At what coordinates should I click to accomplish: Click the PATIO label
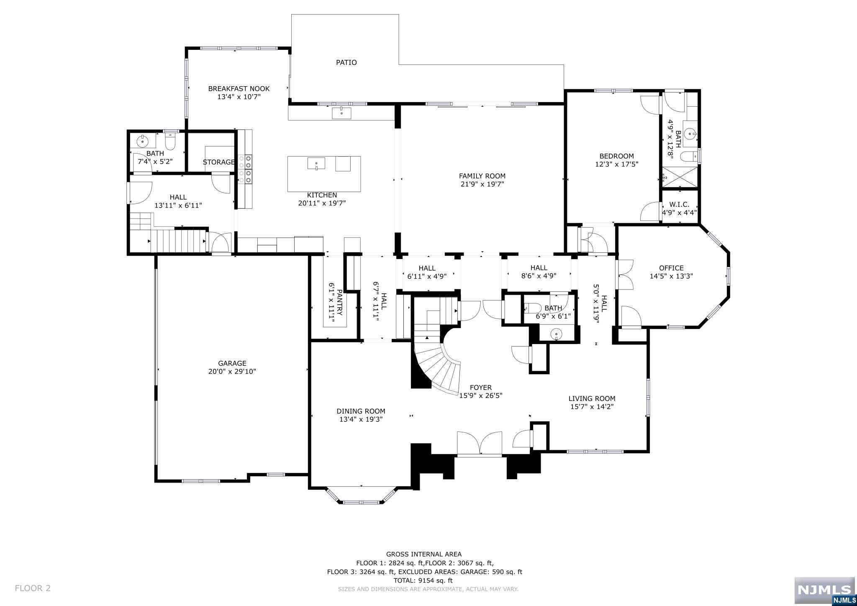346,63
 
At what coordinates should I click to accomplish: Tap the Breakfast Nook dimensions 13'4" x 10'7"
239,97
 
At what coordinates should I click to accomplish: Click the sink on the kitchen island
316,163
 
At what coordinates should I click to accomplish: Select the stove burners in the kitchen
245,169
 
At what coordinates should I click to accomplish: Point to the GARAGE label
232,363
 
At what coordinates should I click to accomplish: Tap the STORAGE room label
218,162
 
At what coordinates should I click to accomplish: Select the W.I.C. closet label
679,205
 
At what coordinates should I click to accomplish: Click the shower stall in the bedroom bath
680,177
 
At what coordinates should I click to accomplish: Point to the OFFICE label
671,268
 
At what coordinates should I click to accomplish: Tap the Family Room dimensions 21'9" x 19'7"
482,184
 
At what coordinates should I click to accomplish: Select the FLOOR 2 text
33,588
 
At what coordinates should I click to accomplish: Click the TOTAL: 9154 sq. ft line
423,580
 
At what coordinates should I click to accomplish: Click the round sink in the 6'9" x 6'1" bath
555,334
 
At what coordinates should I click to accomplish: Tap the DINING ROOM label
361,411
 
